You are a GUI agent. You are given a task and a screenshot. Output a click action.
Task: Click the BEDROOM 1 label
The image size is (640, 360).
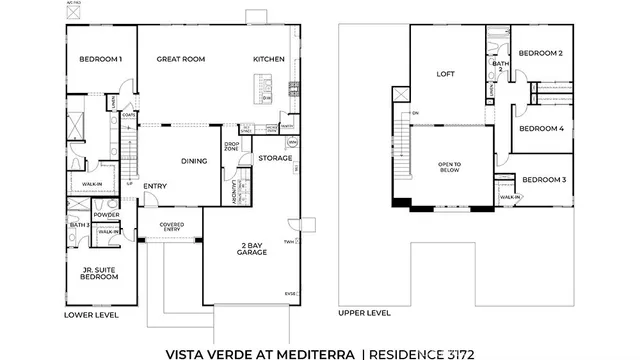point(100,59)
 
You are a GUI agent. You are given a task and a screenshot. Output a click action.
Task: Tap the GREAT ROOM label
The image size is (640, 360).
point(180,59)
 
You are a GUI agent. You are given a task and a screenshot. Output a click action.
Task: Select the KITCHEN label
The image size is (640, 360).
point(269,59)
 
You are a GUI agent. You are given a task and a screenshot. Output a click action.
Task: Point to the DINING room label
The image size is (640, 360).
point(194,161)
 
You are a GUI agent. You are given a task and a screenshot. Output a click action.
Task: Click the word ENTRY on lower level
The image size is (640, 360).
point(155,186)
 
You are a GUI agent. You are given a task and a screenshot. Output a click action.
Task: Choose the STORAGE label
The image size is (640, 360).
point(274,158)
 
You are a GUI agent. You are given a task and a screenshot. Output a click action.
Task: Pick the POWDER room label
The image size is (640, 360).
point(106,215)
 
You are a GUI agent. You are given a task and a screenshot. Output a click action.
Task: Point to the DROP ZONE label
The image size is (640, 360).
point(231,146)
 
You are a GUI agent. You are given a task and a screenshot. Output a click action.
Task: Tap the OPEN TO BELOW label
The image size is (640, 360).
point(447,167)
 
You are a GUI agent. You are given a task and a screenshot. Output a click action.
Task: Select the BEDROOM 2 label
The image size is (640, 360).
point(540,53)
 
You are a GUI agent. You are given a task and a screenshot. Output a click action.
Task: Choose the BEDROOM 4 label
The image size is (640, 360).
point(541,128)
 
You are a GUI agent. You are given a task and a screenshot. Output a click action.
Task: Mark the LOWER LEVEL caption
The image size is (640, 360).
point(91,314)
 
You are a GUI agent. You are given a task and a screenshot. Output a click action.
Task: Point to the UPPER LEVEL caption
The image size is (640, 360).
point(364,313)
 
